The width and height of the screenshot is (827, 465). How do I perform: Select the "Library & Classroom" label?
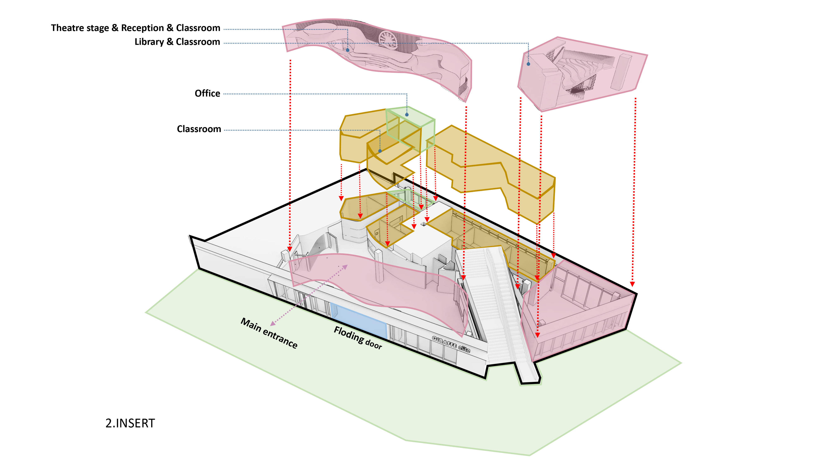coord(177,42)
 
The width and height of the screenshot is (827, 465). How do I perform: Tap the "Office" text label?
coord(207,93)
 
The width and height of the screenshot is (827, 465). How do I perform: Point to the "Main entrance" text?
coord(269,333)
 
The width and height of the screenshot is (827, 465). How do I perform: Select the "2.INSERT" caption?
coord(130,423)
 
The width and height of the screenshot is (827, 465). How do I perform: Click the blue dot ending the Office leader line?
coord(407,114)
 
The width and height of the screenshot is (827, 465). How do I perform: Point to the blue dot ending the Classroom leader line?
coord(380,151)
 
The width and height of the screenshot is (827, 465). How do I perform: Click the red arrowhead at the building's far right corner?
coord(632,284)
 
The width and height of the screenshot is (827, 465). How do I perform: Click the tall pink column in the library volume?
coord(620,72)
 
